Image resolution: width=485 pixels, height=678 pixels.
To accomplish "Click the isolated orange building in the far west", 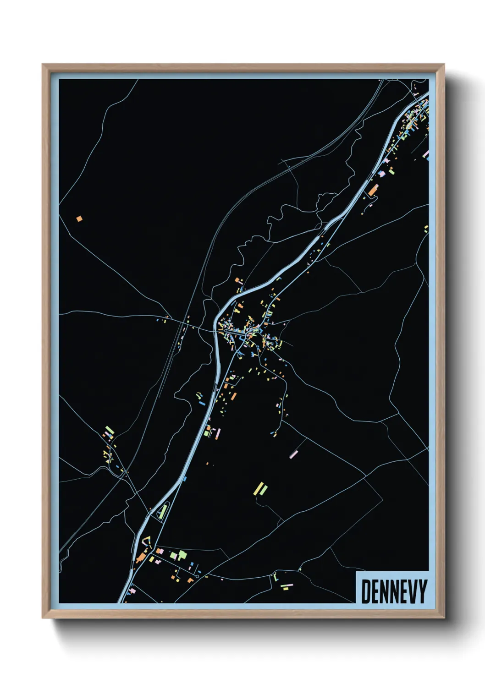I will tap(79, 219).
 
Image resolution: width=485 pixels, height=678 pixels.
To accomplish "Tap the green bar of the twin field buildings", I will tap(263, 489).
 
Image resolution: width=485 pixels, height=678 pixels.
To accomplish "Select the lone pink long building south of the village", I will tap(294, 454).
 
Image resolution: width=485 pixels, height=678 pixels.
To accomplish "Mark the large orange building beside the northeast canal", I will tap(373, 190).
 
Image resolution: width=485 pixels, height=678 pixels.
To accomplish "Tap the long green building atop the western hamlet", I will tap(109, 430).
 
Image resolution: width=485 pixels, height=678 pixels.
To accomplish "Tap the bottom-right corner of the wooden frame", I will tap(444, 618).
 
